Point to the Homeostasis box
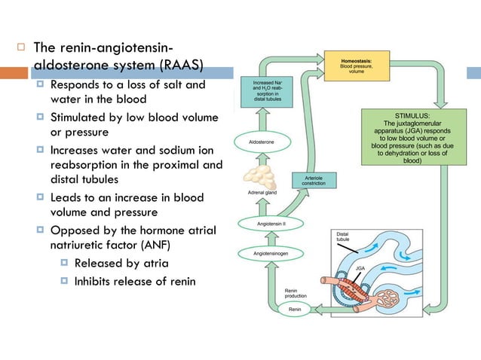point(358,66)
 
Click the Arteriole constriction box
point(314,181)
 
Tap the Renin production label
point(296,293)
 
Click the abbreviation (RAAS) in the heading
point(179,66)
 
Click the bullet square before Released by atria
point(64,264)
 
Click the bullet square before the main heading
point(22,49)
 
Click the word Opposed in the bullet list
point(74,230)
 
